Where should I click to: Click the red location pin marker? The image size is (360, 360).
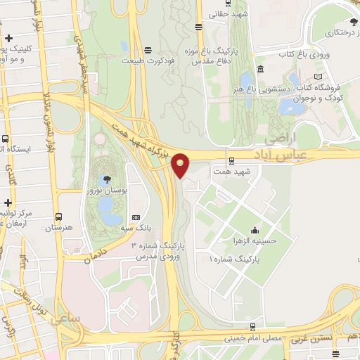181,166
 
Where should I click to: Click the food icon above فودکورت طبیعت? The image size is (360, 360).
148,50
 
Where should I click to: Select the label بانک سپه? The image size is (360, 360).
136,229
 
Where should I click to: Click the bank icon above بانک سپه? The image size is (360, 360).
136,218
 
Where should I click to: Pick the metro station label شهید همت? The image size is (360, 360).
231,172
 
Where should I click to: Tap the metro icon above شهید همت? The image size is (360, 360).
231,162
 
